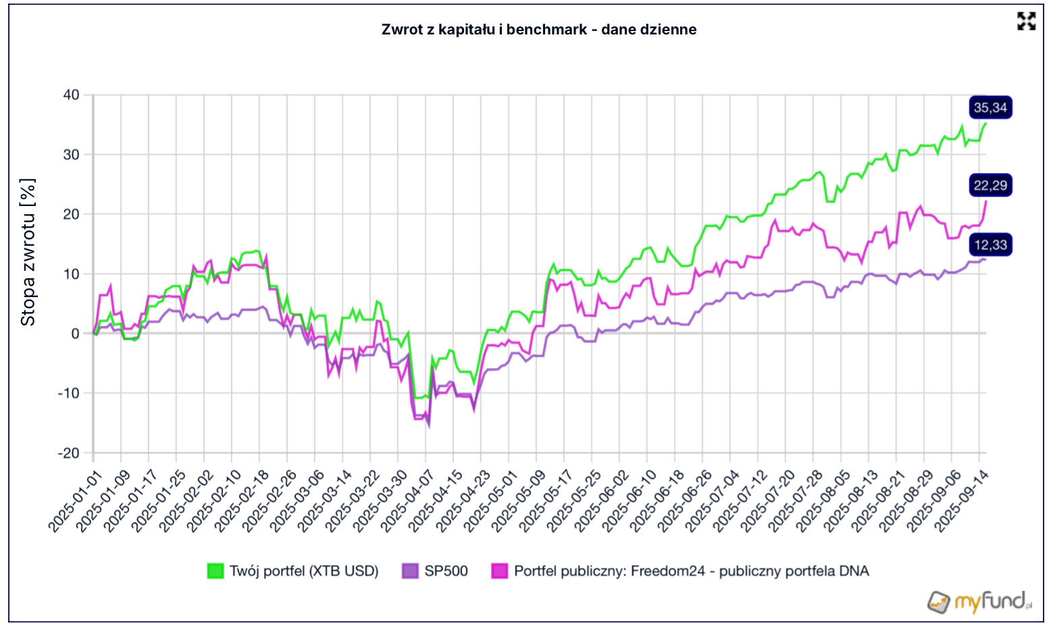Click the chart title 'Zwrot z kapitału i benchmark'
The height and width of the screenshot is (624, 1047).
[x=538, y=30]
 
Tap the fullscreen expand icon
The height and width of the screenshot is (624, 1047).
[x=1026, y=22]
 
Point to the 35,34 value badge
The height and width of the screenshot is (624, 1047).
[x=990, y=107]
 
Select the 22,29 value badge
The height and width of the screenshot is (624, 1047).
[x=990, y=185]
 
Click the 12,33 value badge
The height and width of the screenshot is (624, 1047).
[x=990, y=244]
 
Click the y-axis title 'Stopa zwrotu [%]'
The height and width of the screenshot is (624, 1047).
[x=28, y=253]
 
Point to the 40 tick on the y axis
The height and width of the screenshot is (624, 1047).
[x=71, y=95]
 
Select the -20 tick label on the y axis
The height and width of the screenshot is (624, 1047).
[x=68, y=453]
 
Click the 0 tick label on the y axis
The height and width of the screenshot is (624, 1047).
[x=75, y=334]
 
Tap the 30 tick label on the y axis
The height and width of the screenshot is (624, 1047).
[x=71, y=155]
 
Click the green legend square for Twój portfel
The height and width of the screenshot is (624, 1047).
[x=215, y=571]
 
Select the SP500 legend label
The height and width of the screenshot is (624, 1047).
[x=446, y=571]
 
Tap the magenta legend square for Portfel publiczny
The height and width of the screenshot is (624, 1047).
[x=499, y=571]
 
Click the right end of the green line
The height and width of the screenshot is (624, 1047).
[x=985, y=124]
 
